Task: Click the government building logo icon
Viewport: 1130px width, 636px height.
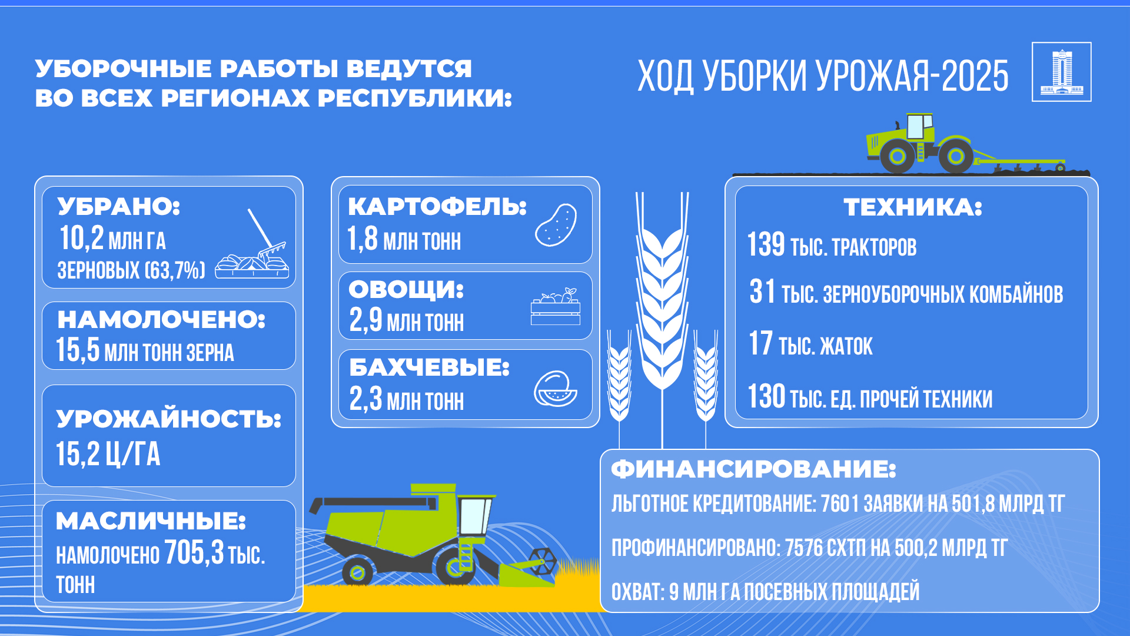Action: click(x=1062, y=72)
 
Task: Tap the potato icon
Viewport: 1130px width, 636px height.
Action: click(x=556, y=225)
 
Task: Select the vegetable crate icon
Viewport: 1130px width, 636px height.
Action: click(x=556, y=306)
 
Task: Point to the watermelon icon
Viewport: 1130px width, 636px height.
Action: click(x=555, y=389)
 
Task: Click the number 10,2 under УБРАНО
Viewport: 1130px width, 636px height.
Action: click(x=82, y=238)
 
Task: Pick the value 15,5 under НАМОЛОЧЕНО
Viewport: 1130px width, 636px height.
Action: click(x=78, y=350)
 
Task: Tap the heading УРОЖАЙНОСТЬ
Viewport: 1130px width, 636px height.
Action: click(x=169, y=419)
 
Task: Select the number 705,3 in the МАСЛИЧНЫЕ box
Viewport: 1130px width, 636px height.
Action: click(x=194, y=552)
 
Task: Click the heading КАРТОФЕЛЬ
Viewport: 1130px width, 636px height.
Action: click(x=437, y=206)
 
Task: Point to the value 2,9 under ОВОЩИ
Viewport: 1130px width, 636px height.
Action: click(x=365, y=320)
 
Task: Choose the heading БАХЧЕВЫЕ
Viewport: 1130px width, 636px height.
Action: click(x=429, y=367)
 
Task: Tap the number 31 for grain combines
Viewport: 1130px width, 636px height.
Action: click(x=762, y=291)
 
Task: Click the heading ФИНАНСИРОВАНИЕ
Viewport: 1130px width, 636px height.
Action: click(x=753, y=469)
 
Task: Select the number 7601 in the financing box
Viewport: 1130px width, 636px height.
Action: click(x=839, y=504)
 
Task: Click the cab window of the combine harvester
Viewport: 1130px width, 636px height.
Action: click(x=476, y=515)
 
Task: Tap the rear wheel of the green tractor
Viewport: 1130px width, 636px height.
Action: click(x=897, y=156)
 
